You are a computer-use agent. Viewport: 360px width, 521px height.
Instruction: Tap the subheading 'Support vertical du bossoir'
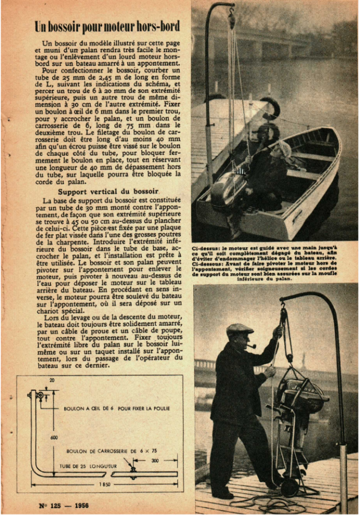pyautogui.click(x=108, y=192)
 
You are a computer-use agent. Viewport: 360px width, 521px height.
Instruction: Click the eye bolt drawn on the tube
pyautogui.click(x=39, y=395)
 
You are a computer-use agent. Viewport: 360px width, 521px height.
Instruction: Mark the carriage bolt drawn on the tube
pyautogui.click(x=133, y=470)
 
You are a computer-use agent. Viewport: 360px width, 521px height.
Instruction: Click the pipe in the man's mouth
pyautogui.click(x=252, y=347)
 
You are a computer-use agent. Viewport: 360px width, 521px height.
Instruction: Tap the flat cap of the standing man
pyautogui.click(x=240, y=329)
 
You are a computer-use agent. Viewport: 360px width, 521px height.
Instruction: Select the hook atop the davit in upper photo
pyautogui.click(x=232, y=19)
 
